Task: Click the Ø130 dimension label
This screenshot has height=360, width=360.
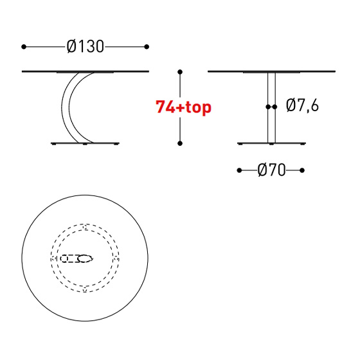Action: coord(85,46)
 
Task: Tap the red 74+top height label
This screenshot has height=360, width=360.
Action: coord(183,107)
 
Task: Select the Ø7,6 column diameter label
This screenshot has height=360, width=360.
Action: coord(302,105)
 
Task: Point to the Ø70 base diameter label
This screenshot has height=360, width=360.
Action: coord(271,170)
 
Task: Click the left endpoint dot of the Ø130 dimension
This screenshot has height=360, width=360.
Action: coord(24,47)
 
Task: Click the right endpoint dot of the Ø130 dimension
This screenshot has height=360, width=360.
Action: coord(147,47)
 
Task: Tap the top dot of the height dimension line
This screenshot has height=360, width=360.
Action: coord(180,72)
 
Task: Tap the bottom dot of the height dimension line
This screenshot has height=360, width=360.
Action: coord(180,143)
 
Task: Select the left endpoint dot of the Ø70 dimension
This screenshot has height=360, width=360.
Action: coord(239,170)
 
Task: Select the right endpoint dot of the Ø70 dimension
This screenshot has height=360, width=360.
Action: coord(302,170)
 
